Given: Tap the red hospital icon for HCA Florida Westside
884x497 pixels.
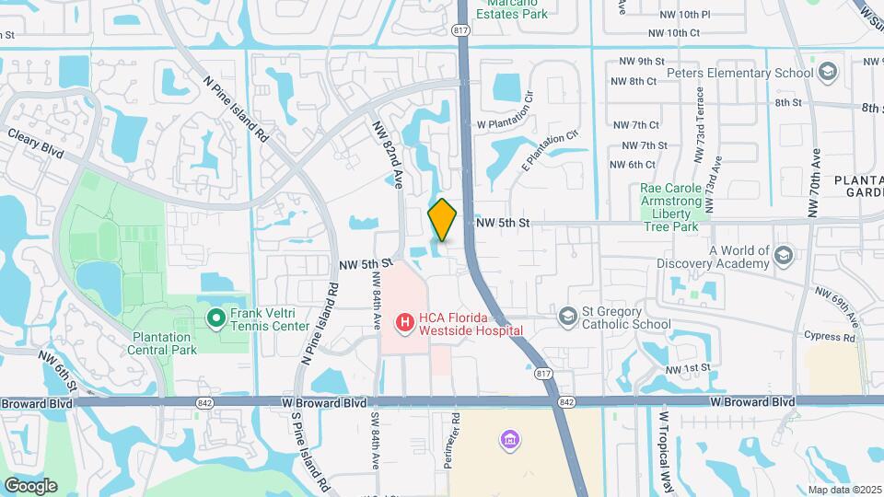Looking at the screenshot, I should [403, 323].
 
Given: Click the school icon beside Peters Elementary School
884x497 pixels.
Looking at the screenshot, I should [828, 73].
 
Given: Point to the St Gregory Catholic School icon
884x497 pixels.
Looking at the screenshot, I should [568, 318].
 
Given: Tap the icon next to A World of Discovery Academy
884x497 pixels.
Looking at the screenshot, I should [784, 255].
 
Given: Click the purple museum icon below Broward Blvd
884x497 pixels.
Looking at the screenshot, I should [508, 441].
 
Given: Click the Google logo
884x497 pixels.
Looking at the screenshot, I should [30, 485].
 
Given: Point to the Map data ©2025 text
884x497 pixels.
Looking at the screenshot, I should [843, 490].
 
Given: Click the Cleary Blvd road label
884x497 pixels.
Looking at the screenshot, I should [36, 141].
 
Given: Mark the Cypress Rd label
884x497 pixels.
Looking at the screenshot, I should [829, 337].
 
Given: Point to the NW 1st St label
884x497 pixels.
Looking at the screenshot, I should [692, 367].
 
